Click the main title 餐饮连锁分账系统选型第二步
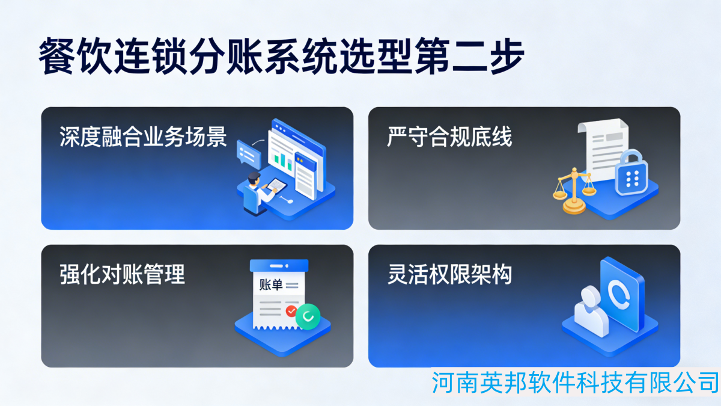pyautogui.click(x=282, y=56)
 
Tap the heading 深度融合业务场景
pyautogui.click(x=143, y=137)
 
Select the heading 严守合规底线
pyautogui.click(x=449, y=137)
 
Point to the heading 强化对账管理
pyautogui.click(x=123, y=274)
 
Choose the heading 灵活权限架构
pyautogui.click(x=449, y=274)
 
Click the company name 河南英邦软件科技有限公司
pyautogui.click(x=575, y=382)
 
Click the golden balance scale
pyautogui.click(x=574, y=191)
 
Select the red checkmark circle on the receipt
pyautogui.click(x=291, y=312)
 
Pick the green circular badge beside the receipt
pyautogui.click(x=308, y=317)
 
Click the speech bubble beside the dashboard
pyautogui.click(x=249, y=155)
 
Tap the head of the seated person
pyautogui.click(x=254, y=179)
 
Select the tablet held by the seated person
pyautogui.click(x=276, y=185)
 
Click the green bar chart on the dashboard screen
pyautogui.click(x=282, y=160)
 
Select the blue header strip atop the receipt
pyautogui.click(x=279, y=266)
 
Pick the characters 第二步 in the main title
pyautogui.click(x=470, y=56)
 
